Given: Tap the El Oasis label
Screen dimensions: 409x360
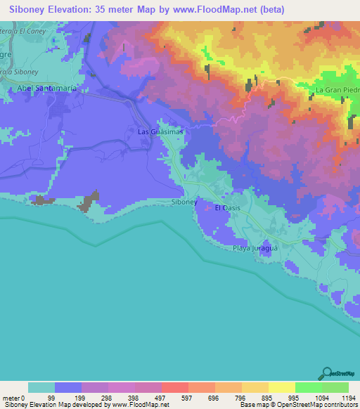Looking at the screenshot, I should [x=227, y=208].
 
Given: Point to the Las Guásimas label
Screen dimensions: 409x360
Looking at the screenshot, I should [x=155, y=131].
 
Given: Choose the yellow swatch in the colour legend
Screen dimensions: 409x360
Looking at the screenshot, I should [x=281, y=387].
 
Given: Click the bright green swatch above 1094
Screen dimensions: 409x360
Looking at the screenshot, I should [x=308, y=387].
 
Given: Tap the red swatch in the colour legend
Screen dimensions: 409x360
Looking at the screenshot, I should [x=174, y=387].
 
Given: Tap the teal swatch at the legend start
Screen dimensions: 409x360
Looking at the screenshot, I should [x=41, y=387].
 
